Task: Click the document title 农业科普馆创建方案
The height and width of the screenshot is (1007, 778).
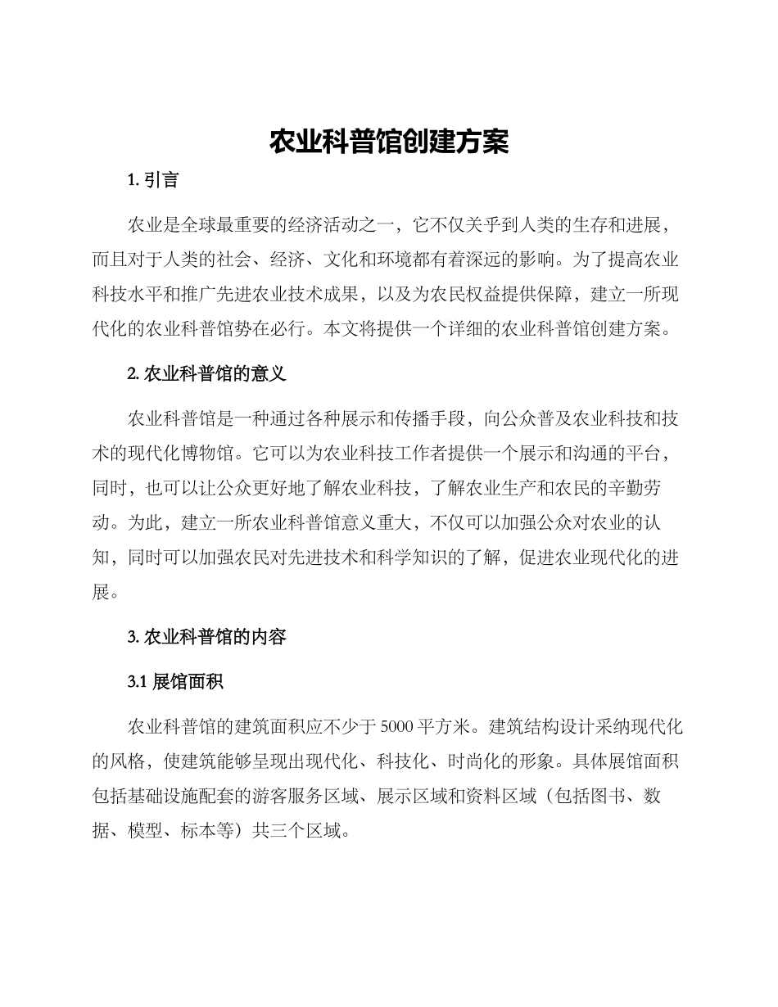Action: point(389,142)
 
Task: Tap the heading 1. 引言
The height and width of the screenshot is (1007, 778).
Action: point(153,180)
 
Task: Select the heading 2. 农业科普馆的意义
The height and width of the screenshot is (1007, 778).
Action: point(206,375)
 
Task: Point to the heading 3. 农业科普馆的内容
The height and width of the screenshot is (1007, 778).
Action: point(206,637)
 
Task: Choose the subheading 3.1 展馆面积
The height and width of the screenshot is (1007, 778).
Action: point(176,681)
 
